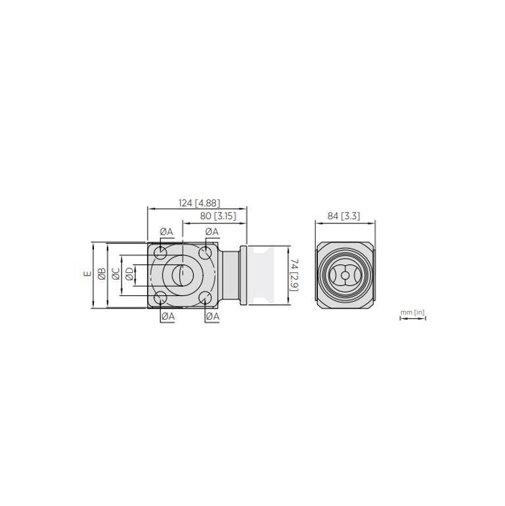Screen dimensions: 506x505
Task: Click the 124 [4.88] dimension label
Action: click(x=199, y=203)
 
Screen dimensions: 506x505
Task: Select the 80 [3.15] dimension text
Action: click(x=217, y=216)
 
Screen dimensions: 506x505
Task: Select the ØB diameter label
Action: click(x=101, y=275)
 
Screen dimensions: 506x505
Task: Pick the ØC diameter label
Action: click(x=116, y=275)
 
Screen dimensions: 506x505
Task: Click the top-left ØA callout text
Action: click(x=166, y=232)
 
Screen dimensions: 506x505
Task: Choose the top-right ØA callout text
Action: click(x=211, y=232)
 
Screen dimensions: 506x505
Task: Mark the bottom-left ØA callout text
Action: click(x=167, y=316)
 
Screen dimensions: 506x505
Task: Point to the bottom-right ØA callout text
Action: click(x=212, y=316)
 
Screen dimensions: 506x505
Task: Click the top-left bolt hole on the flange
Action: click(x=160, y=253)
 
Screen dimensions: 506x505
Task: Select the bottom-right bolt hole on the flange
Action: click(x=205, y=299)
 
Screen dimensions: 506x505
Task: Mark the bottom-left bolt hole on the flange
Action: click(x=160, y=299)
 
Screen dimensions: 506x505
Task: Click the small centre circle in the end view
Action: click(x=345, y=276)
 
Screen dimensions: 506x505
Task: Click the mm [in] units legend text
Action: click(x=412, y=312)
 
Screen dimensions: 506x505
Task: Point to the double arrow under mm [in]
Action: click(x=412, y=319)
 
